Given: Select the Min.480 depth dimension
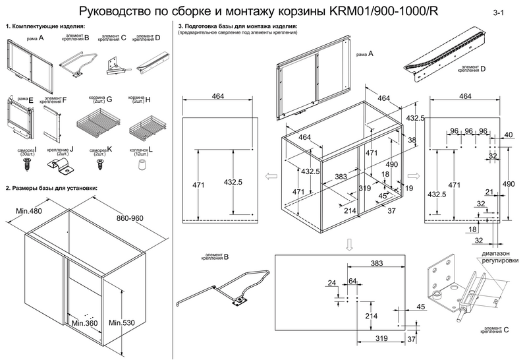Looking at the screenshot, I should coord(26,212).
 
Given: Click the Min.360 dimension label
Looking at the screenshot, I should coord(84,323).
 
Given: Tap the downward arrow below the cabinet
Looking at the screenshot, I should coord(350,244).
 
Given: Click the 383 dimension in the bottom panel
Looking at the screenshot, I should coord(376,263).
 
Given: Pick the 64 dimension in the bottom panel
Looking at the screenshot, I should coord(352,282).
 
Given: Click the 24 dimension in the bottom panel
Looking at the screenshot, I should coord(331,283).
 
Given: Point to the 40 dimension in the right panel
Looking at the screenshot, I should coord(508,135).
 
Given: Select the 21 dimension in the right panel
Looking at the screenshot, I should coord(489,192).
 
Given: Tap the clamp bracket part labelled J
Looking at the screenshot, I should coord(66,166).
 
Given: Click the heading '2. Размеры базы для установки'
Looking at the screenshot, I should coord(51,188).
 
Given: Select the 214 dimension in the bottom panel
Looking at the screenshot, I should coord(371,316).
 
